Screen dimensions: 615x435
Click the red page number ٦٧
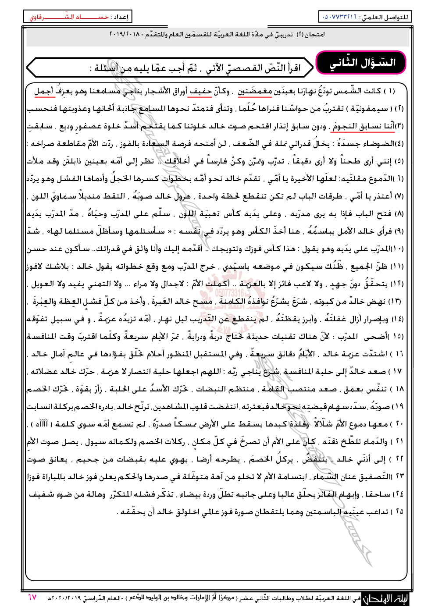[x=32, y=597]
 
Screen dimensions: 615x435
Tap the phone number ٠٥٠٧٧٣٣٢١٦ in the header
[x=339, y=17]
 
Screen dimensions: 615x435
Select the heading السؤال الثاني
[x=362, y=63]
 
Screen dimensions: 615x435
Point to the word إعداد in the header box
[x=121, y=17]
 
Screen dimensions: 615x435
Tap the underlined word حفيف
[x=201, y=91]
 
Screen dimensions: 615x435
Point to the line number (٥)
[x=399, y=161]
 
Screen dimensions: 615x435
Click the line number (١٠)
[x=397, y=249]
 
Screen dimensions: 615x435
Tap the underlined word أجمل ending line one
[x=44, y=91]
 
